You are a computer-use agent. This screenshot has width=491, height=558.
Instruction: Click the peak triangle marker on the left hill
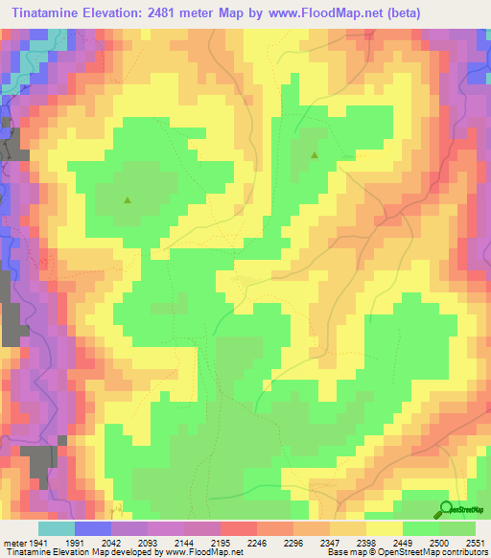[128, 200]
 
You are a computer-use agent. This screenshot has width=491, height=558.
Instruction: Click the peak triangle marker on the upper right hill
[314, 153]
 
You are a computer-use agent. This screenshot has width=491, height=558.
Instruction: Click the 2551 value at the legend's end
[475, 542]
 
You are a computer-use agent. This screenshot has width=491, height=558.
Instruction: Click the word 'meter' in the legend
[15, 542]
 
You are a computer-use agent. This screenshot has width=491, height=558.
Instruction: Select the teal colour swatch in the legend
[57, 528]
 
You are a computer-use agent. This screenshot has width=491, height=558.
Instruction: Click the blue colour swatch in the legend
[93, 528]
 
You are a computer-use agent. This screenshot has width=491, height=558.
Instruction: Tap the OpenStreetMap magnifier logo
[447, 509]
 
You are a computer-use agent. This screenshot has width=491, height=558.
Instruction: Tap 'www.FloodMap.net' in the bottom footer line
[202, 553]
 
